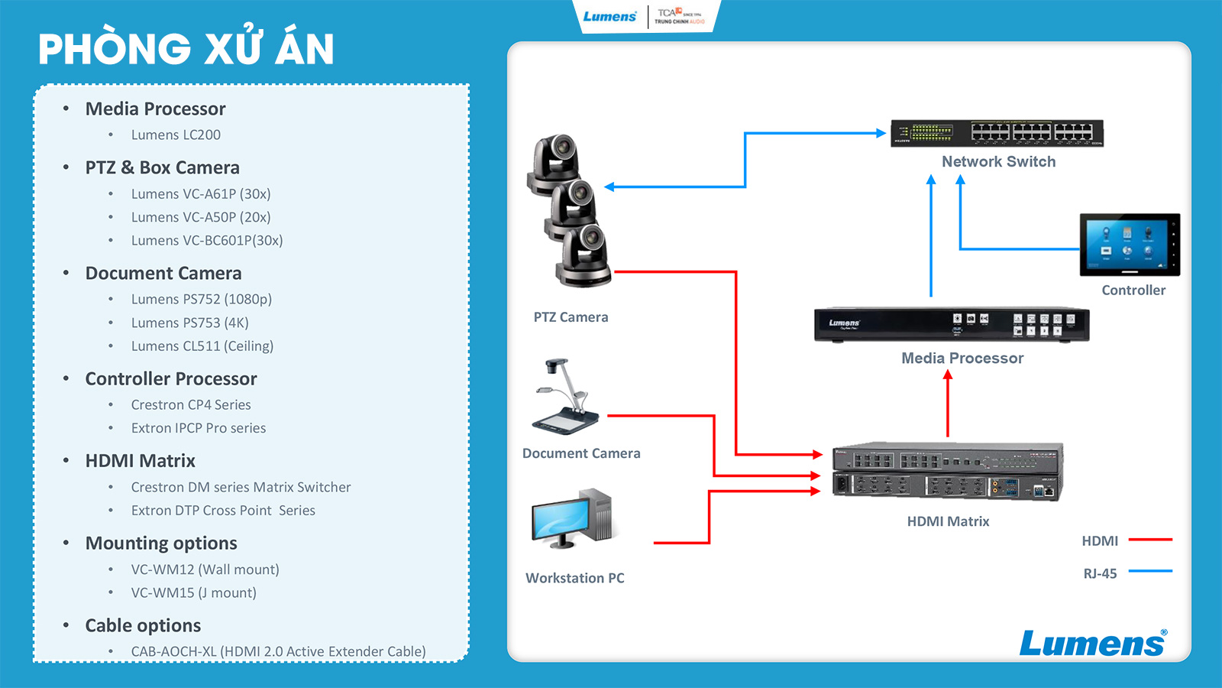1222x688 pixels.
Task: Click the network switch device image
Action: tap(997, 133)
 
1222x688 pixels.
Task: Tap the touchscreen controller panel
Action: tap(1130, 245)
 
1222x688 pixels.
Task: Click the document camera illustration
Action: tap(564, 397)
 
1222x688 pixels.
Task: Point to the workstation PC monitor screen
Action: tap(560, 519)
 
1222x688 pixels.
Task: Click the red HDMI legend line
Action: tap(1150, 540)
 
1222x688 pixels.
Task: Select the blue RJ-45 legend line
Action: tap(1150, 571)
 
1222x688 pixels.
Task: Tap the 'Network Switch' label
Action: tap(998, 161)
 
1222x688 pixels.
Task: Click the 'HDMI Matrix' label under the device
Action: tap(948, 521)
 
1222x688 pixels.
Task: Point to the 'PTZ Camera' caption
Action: tap(571, 317)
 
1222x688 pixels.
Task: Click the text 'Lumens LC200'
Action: tap(176, 135)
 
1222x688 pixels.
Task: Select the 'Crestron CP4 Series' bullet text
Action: tap(191, 405)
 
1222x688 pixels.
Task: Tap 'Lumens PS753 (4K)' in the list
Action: tap(190, 323)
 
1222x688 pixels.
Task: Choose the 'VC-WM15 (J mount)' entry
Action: tap(194, 592)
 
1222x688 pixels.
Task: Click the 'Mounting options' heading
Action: tap(161, 543)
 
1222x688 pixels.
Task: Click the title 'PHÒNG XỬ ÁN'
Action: tap(186, 49)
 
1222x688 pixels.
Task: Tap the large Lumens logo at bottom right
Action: tap(1093, 643)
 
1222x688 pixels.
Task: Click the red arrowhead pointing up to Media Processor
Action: tap(948, 375)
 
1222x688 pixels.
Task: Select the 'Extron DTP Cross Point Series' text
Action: tap(223, 511)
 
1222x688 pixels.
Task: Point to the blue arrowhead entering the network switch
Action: tap(881, 133)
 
